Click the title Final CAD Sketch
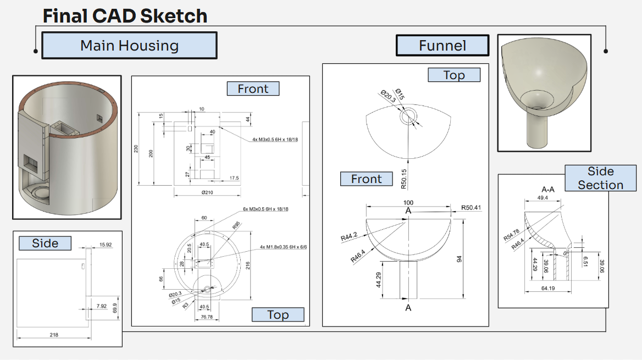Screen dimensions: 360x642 click(x=125, y=16)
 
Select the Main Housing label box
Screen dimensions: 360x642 click(x=129, y=46)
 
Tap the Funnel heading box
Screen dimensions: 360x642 click(x=442, y=46)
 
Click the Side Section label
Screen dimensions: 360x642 click(x=600, y=178)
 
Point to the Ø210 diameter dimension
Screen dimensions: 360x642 click(x=207, y=192)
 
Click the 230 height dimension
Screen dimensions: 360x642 click(x=136, y=149)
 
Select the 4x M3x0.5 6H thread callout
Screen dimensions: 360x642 click(x=275, y=140)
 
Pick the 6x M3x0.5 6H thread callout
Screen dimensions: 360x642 click(x=265, y=209)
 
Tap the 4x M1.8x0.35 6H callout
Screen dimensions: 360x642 click(x=283, y=247)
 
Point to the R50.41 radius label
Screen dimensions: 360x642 click(x=471, y=208)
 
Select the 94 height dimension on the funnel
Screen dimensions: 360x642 click(x=460, y=259)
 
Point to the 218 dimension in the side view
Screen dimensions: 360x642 click(x=53, y=335)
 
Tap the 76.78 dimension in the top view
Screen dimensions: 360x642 click(x=207, y=317)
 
